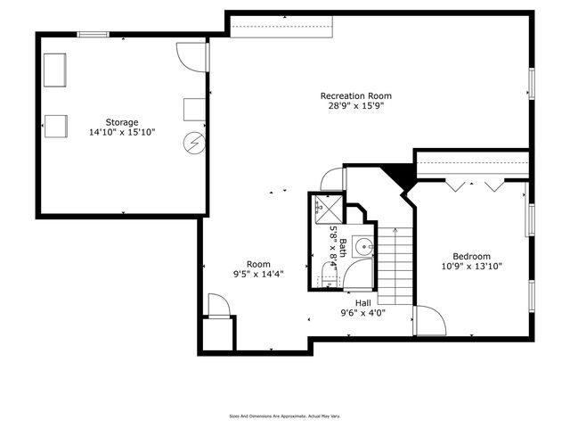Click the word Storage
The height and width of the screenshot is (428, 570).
(x=122, y=122)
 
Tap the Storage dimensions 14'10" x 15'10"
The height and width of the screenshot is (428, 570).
(x=122, y=132)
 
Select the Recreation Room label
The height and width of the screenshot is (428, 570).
(x=356, y=95)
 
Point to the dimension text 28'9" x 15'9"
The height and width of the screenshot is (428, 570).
(x=356, y=105)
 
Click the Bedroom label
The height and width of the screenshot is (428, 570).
(x=471, y=255)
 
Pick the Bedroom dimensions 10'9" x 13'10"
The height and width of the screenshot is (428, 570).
(x=471, y=265)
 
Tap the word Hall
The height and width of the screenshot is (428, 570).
(x=362, y=303)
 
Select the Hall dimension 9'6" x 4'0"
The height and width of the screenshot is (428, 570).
(x=362, y=313)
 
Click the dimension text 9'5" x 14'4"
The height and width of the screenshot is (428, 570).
(x=258, y=275)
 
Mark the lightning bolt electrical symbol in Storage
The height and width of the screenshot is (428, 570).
(x=194, y=142)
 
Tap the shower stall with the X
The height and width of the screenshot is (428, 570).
(x=328, y=209)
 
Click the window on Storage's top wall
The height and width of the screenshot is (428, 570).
(x=93, y=35)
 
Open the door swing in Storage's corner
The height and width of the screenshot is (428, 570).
(x=191, y=56)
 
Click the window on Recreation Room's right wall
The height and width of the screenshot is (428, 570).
(x=531, y=83)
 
